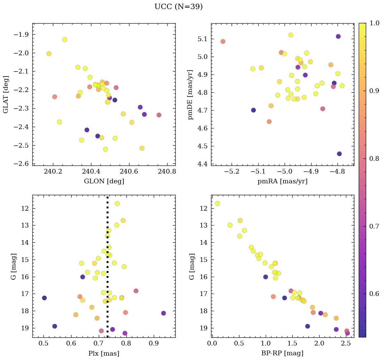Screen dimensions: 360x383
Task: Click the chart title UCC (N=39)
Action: (178, 7)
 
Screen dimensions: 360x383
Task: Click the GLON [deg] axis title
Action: (104, 181)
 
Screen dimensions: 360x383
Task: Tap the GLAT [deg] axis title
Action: (6, 94)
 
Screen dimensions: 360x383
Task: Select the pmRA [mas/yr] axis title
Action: (283, 181)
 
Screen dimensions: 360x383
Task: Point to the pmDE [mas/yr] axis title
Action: (190, 94)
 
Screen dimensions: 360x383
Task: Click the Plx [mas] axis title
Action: (104, 353)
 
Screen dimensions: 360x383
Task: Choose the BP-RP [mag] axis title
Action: (283, 353)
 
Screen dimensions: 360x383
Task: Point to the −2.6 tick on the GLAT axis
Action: (21, 164)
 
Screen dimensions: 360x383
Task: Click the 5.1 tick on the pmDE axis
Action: (202, 39)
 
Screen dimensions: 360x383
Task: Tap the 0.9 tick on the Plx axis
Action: (154, 344)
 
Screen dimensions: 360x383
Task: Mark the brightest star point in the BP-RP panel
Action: (217, 203)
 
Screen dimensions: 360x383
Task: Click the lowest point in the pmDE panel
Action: (339, 154)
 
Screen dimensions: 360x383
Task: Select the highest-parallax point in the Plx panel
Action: (164, 313)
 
